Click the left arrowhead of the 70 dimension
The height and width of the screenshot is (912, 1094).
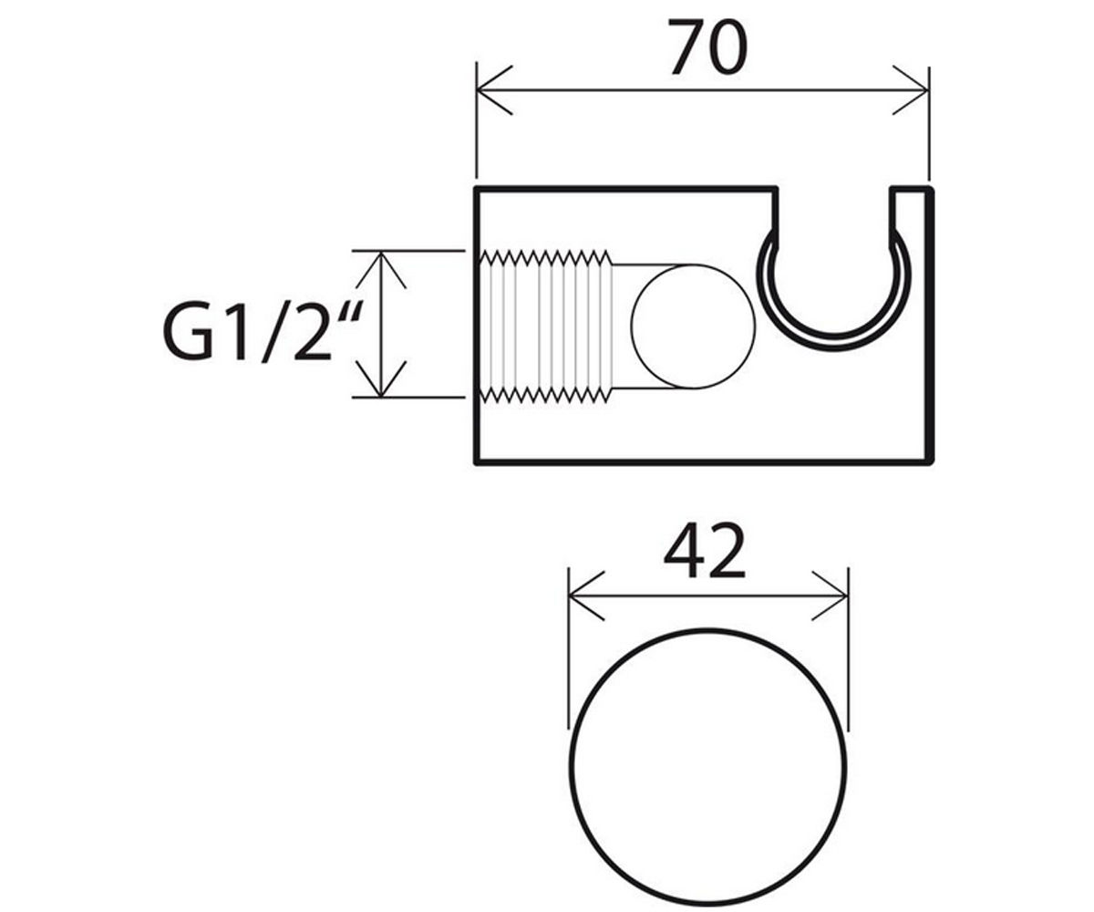tap(493, 90)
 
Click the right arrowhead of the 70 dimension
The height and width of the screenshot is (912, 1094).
tap(911, 90)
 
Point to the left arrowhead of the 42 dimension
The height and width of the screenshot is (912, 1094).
tap(587, 596)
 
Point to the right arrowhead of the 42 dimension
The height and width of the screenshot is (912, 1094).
tap(830, 596)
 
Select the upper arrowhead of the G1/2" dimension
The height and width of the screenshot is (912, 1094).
tap(381, 269)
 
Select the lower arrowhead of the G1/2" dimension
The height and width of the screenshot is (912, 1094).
tap(381, 378)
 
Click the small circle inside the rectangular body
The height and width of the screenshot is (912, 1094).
tap(693, 326)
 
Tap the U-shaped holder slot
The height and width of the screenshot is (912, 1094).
tap(833, 339)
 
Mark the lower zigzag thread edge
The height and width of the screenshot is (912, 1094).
tap(546, 396)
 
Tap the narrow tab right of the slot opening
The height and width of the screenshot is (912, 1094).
tap(911, 215)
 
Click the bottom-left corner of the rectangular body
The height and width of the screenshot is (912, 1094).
tap(476, 462)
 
